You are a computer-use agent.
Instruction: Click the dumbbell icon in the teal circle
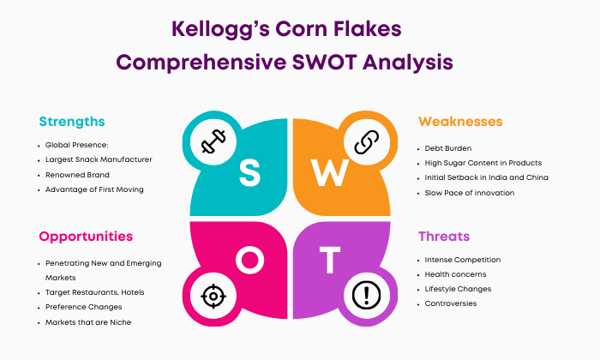[213, 141]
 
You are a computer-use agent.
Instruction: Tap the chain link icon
[366, 142]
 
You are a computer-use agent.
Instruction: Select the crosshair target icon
[213, 296]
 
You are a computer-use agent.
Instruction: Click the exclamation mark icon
[366, 295]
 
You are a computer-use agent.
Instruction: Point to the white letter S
[249, 173]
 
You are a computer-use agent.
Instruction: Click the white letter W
[329, 172]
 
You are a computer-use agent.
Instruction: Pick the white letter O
[249, 261]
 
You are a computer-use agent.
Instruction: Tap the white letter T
[330, 261]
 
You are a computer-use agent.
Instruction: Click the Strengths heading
[72, 122]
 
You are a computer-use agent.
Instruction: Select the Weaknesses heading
[460, 122]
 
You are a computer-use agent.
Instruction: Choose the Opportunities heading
[86, 237]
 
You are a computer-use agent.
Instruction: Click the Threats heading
[444, 237]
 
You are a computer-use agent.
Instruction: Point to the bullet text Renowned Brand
[77, 175]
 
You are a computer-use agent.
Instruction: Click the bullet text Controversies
[451, 303]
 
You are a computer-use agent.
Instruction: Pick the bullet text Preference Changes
[84, 307]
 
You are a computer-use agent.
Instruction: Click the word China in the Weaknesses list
[537, 177]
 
